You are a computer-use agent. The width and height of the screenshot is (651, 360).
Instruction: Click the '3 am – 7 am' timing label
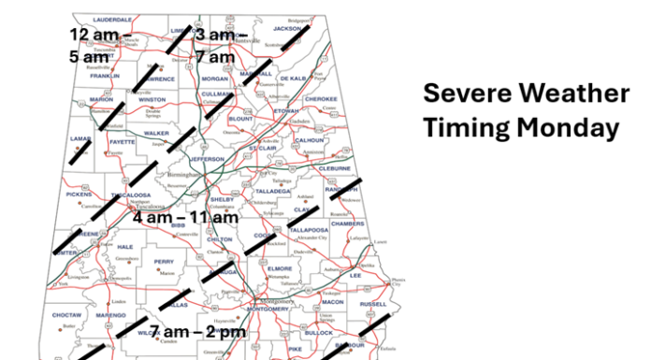point(217,45)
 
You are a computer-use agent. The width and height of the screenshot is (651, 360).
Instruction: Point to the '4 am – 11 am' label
point(186,217)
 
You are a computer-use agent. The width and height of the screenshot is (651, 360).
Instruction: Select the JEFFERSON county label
point(209,160)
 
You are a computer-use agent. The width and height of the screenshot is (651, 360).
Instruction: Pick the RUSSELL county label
point(371,304)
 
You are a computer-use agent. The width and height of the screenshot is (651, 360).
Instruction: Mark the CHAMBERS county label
point(347,223)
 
